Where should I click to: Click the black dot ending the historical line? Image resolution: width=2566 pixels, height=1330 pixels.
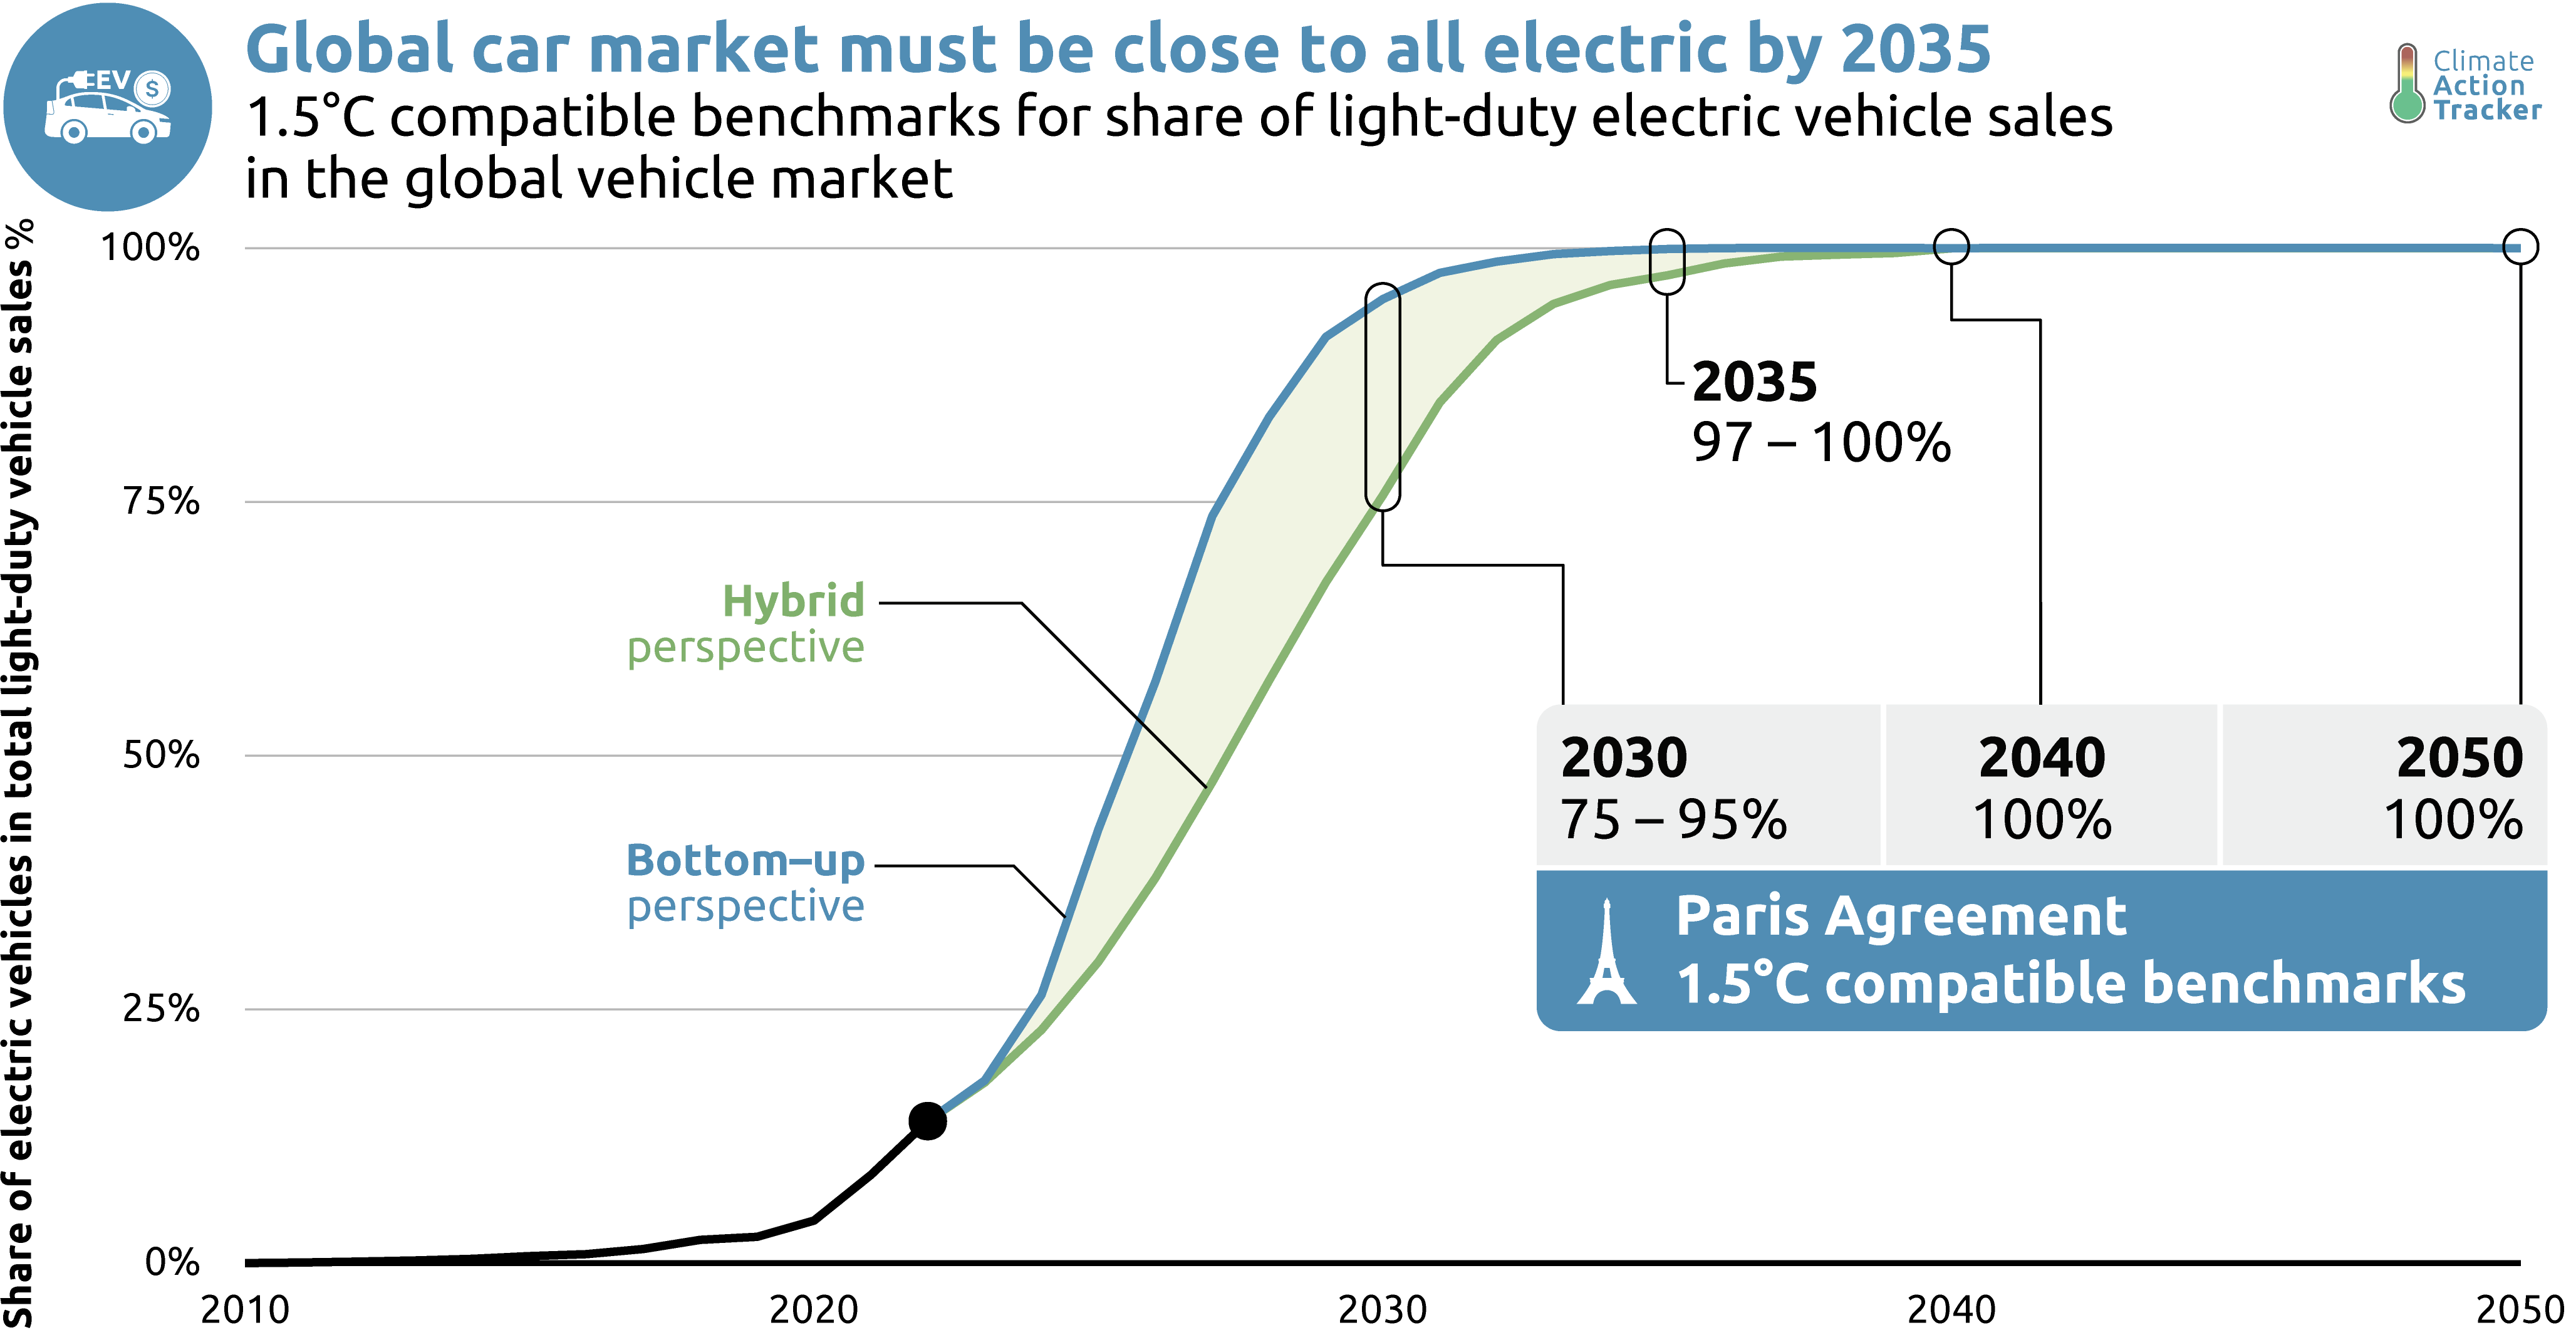(927, 1121)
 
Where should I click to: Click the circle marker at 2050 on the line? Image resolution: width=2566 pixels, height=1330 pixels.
(2520, 246)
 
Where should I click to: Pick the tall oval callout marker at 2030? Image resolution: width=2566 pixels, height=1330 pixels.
(1383, 397)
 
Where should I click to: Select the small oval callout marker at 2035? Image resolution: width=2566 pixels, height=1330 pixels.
(1666, 261)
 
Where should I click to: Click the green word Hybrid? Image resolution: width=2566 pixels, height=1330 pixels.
(793, 601)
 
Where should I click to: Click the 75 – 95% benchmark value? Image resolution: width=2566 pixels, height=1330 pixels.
(1673, 820)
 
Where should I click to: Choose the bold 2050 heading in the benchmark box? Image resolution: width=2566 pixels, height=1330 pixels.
(2460, 757)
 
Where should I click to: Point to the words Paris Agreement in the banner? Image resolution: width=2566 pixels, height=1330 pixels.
(1901, 915)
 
